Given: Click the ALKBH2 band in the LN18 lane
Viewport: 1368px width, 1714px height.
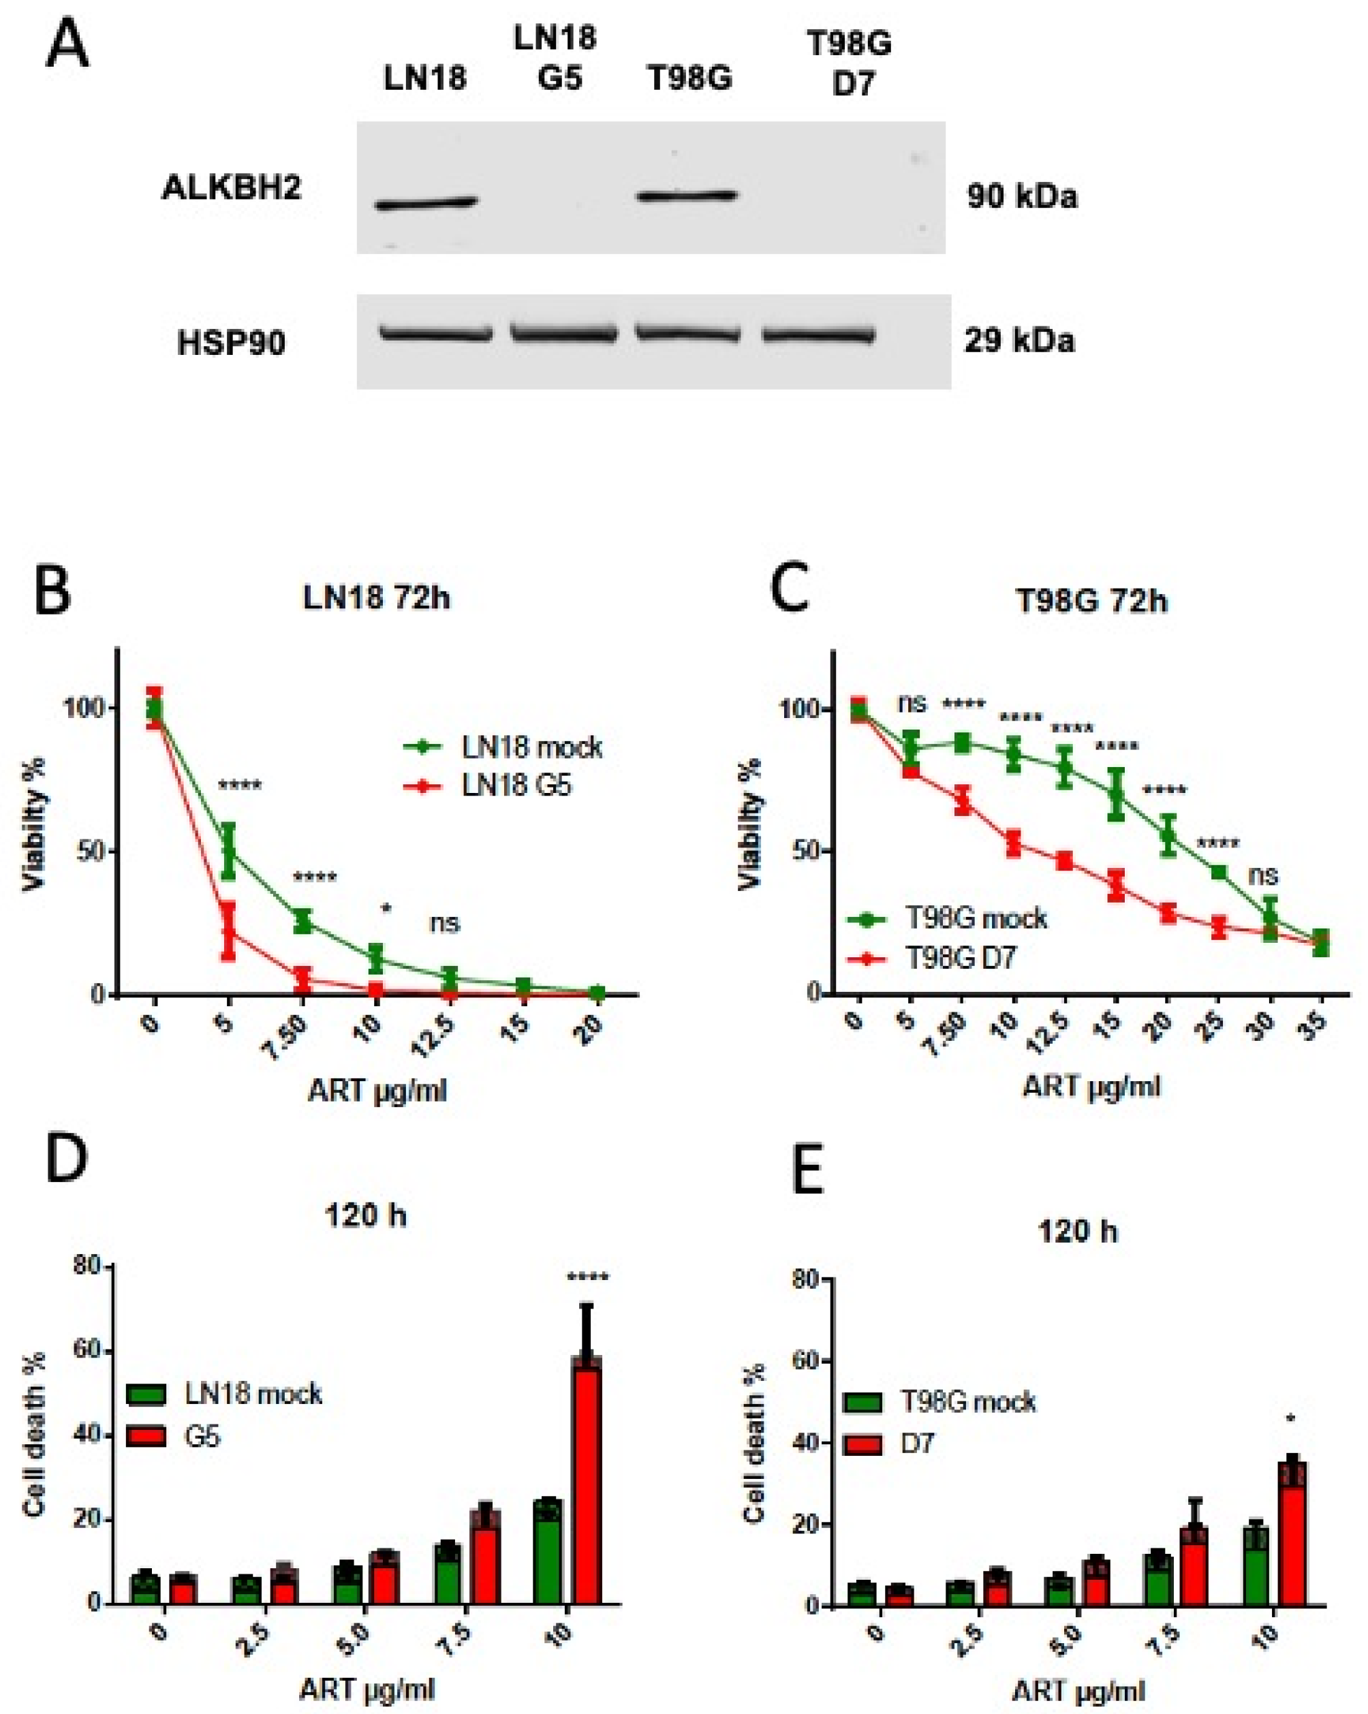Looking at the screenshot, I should pyautogui.click(x=426, y=204).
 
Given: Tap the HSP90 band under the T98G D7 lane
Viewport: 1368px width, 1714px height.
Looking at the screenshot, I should pyautogui.click(x=819, y=337).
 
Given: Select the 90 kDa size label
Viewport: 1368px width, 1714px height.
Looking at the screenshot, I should pyautogui.click(x=1022, y=196).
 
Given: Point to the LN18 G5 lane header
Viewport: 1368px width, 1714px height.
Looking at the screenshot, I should pyautogui.click(x=555, y=58).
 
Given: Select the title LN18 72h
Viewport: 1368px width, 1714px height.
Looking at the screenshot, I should pyautogui.click(x=376, y=598).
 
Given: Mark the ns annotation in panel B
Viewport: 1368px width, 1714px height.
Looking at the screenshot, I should pyautogui.click(x=444, y=923).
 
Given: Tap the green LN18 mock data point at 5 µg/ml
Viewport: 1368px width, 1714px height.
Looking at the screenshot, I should pyautogui.click(x=229, y=852).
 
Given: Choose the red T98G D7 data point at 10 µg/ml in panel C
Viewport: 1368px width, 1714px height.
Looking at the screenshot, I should pyautogui.click(x=1012, y=843).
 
